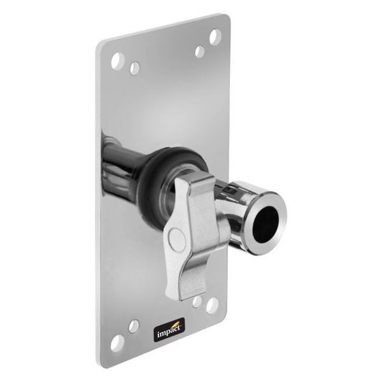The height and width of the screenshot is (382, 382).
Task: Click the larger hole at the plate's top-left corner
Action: click(x=117, y=61)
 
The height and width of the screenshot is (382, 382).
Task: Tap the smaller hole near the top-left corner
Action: click(x=135, y=67)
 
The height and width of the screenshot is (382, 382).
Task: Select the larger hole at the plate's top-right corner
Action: click(x=215, y=36)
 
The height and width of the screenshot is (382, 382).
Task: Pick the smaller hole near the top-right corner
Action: click(x=200, y=52)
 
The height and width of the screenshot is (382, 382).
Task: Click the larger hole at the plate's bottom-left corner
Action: click(x=117, y=343)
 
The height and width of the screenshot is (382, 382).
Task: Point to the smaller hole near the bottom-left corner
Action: click(x=134, y=326)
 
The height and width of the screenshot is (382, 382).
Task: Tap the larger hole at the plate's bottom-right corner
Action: click(x=212, y=306)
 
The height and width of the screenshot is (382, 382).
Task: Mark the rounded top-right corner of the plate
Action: click(x=224, y=20)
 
